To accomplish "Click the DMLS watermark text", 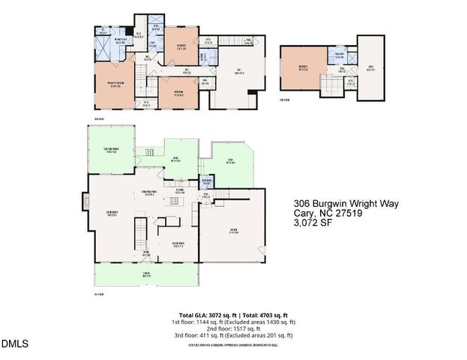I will click(15, 344).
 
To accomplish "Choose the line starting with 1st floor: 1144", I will click(234, 321).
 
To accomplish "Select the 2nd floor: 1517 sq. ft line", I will click(234, 328).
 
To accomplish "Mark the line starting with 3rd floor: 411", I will click(234, 334).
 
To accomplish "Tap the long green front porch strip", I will click(143, 275).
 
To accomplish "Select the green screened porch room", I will click(111, 151).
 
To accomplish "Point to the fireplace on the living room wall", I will click(86, 200).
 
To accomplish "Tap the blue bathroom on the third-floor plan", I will click(339, 55).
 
